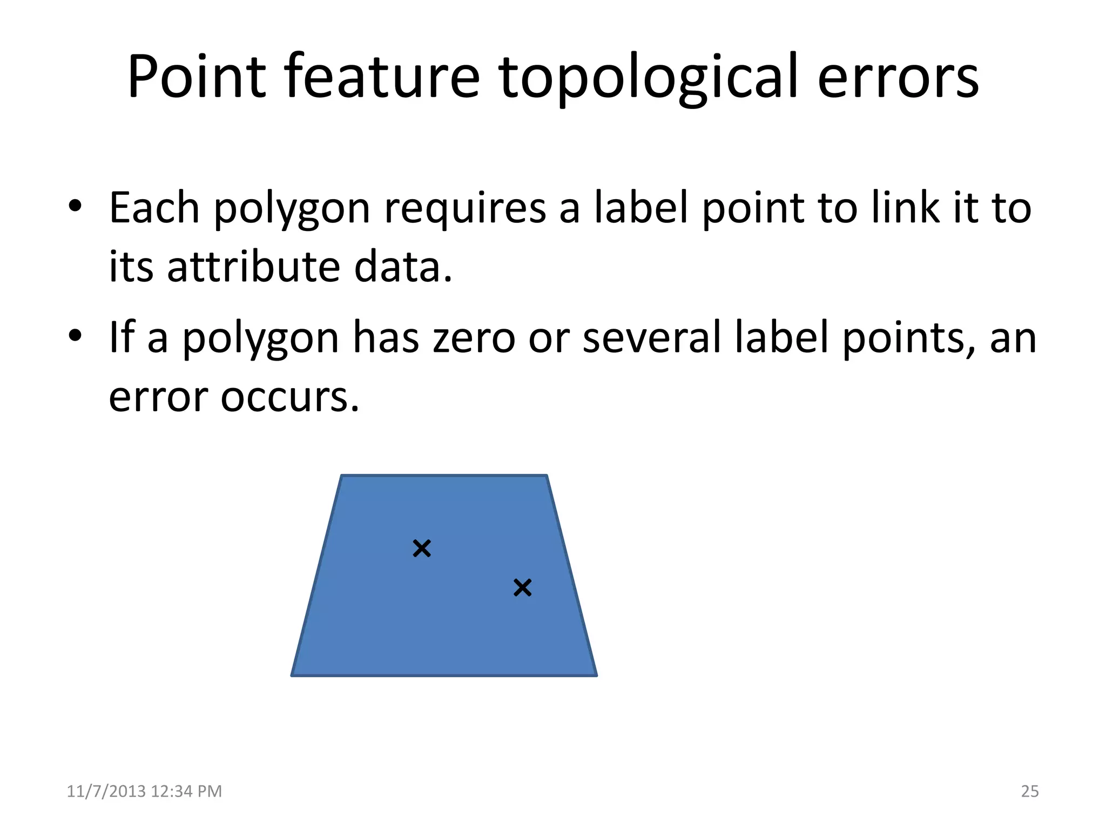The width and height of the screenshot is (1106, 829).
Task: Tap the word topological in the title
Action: [648, 78]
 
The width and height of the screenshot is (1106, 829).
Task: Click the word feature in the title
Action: [381, 77]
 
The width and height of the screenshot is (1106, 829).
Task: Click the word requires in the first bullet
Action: [465, 209]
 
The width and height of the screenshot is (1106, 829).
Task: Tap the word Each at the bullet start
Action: [154, 208]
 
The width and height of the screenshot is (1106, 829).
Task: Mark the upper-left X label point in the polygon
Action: [422, 548]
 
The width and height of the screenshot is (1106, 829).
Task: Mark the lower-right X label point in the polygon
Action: [522, 588]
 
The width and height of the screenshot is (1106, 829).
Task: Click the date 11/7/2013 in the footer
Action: [106, 791]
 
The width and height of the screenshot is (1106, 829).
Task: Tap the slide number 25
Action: [1030, 791]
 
